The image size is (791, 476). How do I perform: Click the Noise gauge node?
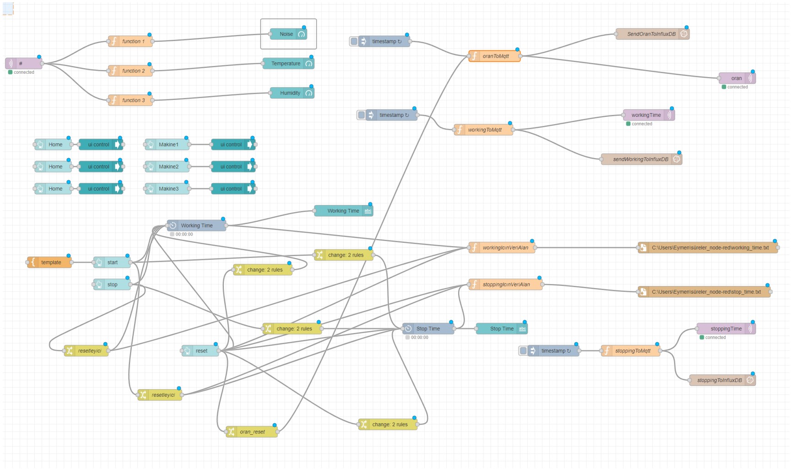click(x=288, y=34)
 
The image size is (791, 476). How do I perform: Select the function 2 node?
click(x=130, y=71)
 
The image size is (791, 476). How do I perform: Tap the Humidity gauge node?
click(x=292, y=93)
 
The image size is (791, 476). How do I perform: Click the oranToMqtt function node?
click(x=494, y=56)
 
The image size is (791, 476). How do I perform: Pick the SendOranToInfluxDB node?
click(x=653, y=34)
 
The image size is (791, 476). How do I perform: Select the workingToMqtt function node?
click(x=483, y=130)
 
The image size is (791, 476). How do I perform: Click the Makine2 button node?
click(x=167, y=167)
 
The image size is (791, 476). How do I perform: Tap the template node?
click(x=49, y=263)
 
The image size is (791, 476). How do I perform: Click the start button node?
click(x=112, y=263)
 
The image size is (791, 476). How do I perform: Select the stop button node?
click(x=112, y=285)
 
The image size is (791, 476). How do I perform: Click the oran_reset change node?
click(x=252, y=432)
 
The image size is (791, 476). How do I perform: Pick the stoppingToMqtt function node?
click(x=631, y=351)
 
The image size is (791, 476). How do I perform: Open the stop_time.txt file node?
click(x=704, y=292)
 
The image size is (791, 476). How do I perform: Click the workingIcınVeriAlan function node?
click(x=502, y=248)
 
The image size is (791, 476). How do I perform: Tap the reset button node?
click(x=200, y=351)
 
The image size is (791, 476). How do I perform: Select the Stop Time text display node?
click(x=502, y=328)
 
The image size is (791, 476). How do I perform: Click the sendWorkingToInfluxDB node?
click(x=642, y=159)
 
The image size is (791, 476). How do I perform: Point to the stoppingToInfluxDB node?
click(x=723, y=380)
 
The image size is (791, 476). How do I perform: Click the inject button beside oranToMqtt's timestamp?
click(x=354, y=42)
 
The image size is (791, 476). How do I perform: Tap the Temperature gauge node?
click(x=288, y=64)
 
